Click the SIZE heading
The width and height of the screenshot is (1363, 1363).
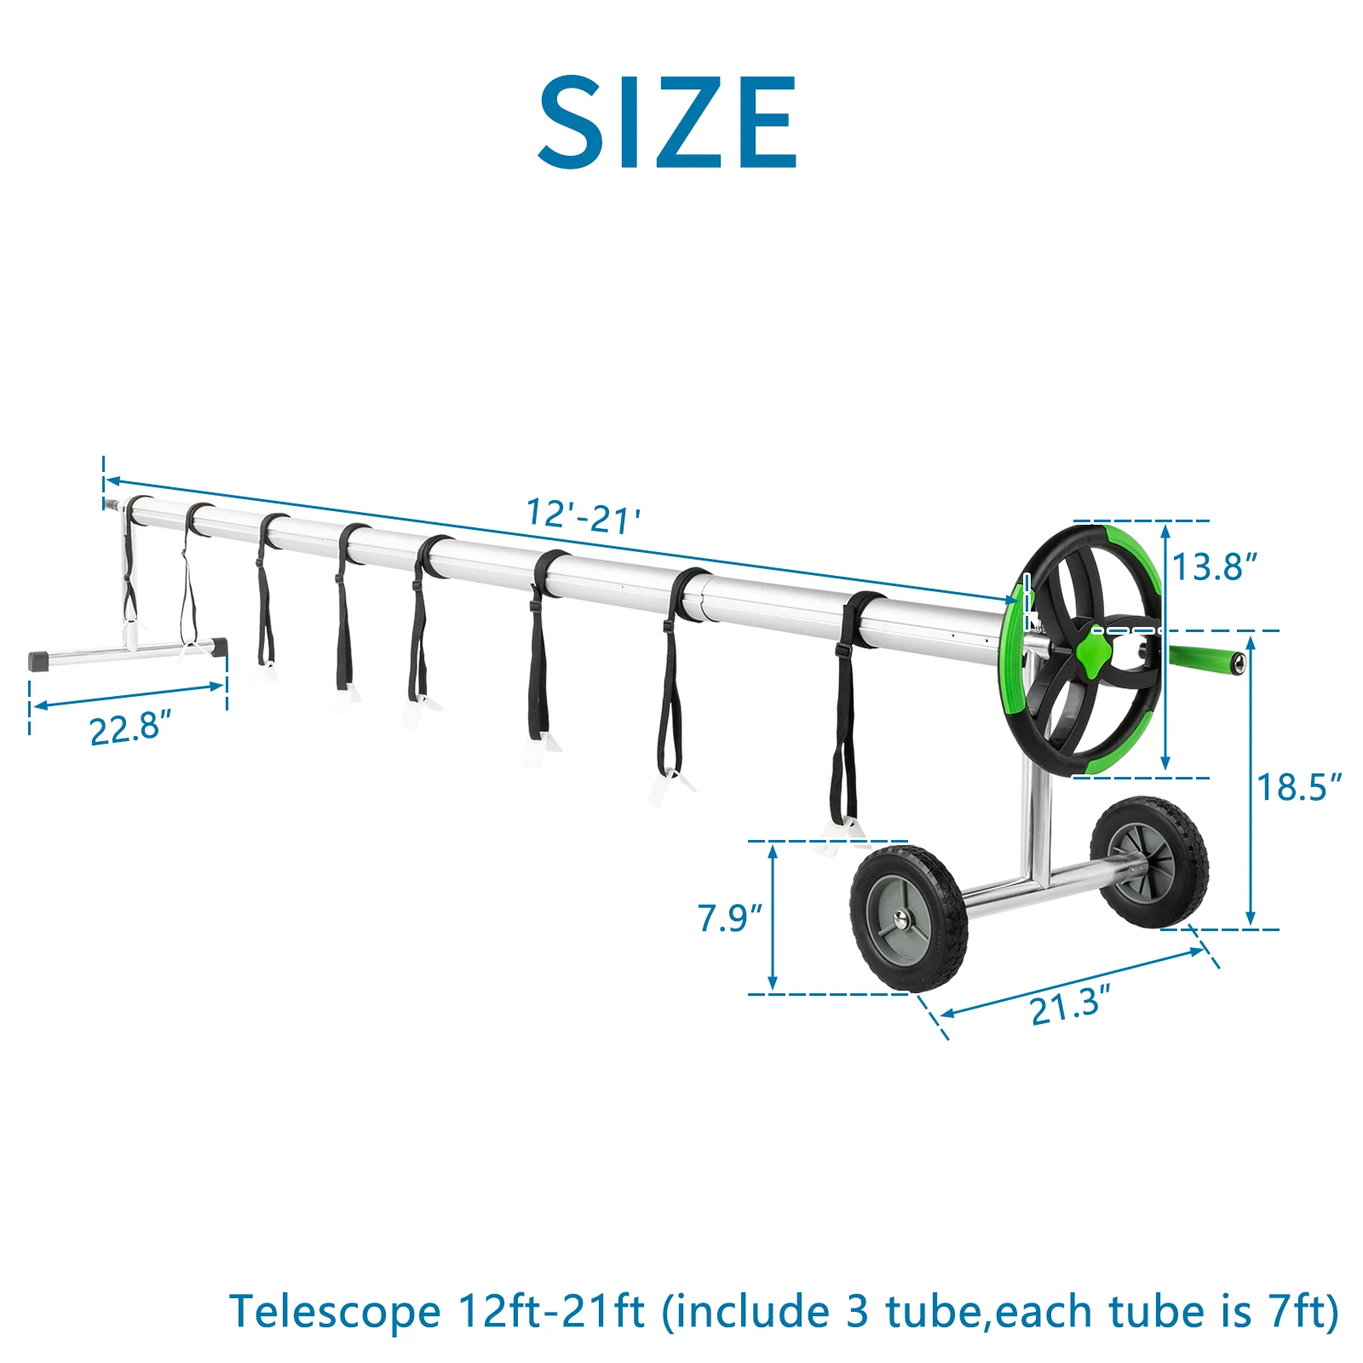pos(668,122)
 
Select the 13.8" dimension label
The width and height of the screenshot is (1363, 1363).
pos(1215,566)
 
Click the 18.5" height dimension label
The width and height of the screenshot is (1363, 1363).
pos(1299,787)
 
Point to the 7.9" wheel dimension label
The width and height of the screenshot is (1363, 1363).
pos(730,918)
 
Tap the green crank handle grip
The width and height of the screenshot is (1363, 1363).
pos(1205,659)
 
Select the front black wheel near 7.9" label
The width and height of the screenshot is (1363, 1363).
pos(908,918)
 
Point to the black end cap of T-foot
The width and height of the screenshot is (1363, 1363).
pos(37,660)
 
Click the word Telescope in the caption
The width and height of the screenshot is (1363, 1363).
pos(334,1312)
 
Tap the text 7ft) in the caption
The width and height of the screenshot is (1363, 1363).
pos(1303,1312)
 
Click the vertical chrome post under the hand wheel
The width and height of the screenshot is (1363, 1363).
pos(1035,818)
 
